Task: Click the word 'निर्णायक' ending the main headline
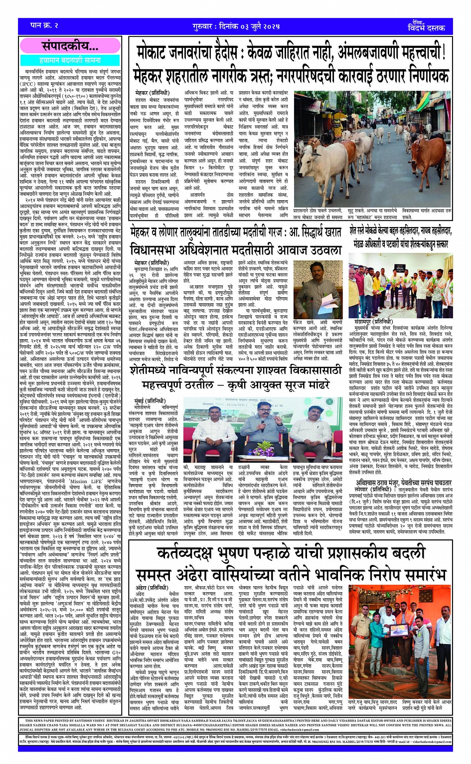coord(421,75)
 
